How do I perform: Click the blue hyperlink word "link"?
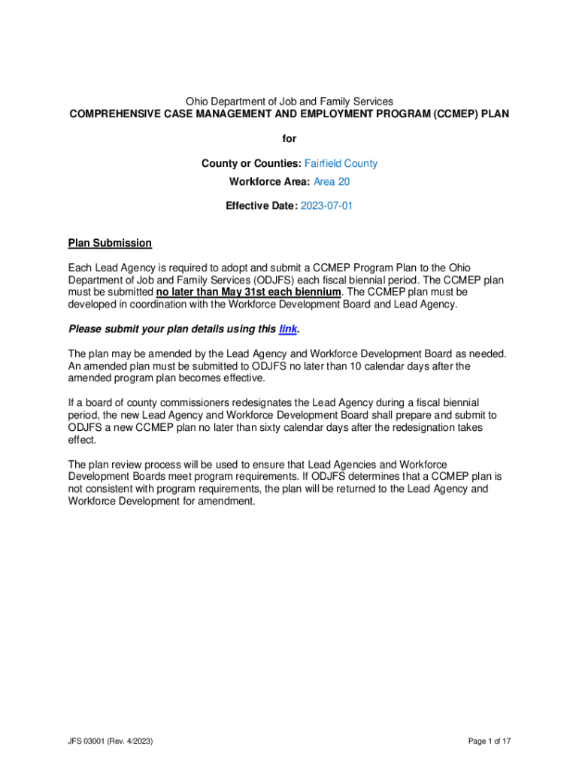[286, 329]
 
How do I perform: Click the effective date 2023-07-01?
[326, 205]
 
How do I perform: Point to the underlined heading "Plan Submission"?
[110, 243]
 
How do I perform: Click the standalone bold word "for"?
[289, 138]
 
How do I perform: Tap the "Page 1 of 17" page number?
[490, 741]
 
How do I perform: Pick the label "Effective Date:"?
[261, 205]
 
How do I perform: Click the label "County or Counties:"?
[251, 163]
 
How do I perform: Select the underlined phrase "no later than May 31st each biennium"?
[248, 292]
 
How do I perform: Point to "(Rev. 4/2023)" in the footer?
[132, 741]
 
